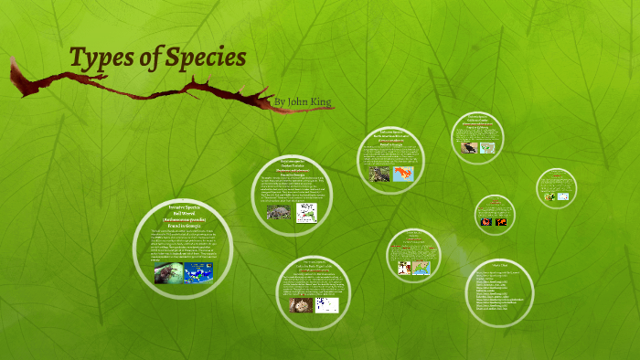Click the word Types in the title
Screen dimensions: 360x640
(100, 58)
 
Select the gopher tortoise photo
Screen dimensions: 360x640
(278, 212)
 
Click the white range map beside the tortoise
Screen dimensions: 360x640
(307, 212)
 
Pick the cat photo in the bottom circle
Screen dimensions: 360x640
(299, 304)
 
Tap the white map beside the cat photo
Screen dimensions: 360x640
(326, 304)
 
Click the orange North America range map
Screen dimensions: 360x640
(403, 173)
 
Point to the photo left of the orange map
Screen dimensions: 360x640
(379, 173)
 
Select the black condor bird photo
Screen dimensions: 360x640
(468, 146)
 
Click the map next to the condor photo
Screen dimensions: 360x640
(487, 146)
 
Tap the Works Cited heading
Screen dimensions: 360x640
(498, 263)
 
